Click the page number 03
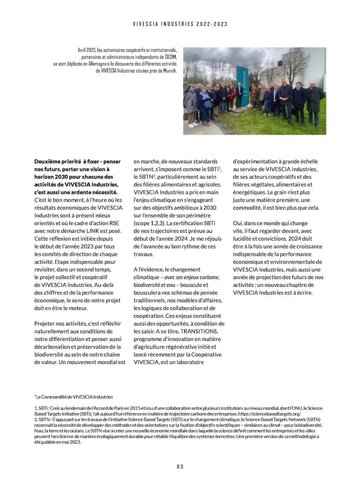click(x=179, y=467)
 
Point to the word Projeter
click(x=47, y=324)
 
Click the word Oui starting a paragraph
click(x=238, y=223)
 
